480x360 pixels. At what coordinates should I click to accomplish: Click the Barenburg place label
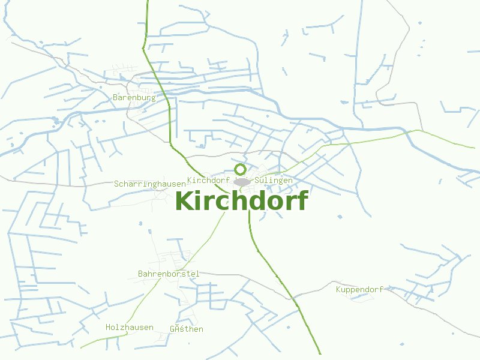(134, 97)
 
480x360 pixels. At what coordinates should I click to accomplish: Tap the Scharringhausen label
(149, 184)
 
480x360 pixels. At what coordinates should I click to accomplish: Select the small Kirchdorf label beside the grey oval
(209, 180)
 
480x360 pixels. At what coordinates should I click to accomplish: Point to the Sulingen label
(274, 180)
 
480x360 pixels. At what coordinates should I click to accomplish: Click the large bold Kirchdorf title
(241, 202)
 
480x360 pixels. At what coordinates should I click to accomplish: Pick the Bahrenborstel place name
(169, 274)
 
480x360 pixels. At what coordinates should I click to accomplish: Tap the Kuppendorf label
(359, 290)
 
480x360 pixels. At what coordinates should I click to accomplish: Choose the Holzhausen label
(130, 328)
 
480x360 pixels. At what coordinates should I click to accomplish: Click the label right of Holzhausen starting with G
(187, 329)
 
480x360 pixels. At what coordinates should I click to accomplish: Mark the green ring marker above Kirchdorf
(240, 169)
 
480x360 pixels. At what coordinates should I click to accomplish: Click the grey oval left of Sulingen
(242, 182)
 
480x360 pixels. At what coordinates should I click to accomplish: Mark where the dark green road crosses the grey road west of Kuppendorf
(295, 295)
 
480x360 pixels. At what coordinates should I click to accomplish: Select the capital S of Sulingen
(257, 180)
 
